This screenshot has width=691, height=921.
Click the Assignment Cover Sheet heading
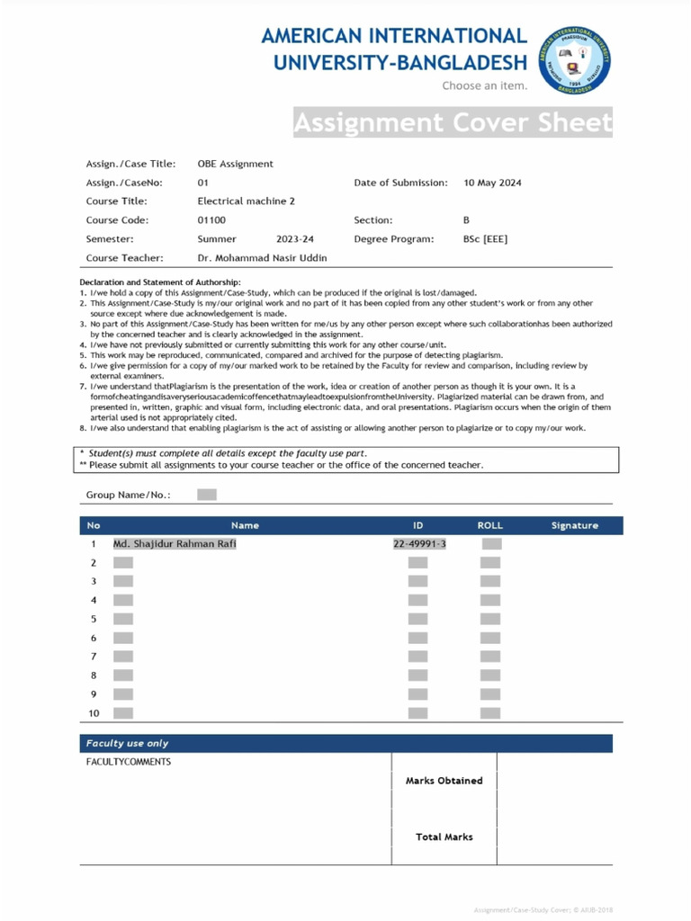click(x=453, y=122)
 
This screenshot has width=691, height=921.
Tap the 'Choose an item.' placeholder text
click(x=484, y=86)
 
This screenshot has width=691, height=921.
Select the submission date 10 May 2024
click(x=492, y=183)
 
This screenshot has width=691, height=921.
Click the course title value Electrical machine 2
click(x=246, y=201)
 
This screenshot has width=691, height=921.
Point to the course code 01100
click(x=211, y=220)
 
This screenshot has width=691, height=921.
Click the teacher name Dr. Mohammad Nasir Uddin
click(x=262, y=258)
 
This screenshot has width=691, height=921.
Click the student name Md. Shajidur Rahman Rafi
click(x=175, y=544)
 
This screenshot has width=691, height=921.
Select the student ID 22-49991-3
click(x=419, y=544)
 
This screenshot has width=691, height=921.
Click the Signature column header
click(x=574, y=525)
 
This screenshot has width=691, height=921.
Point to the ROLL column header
click(x=489, y=525)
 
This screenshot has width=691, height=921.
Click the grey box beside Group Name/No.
click(x=206, y=495)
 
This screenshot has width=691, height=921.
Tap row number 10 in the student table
click(x=94, y=713)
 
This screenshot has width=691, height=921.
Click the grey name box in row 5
click(x=123, y=619)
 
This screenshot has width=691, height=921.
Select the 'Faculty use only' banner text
click(x=127, y=744)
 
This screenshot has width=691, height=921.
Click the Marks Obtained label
click(x=444, y=781)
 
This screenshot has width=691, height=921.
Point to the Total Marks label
click(x=444, y=837)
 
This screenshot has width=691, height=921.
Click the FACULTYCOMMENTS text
click(x=128, y=763)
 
